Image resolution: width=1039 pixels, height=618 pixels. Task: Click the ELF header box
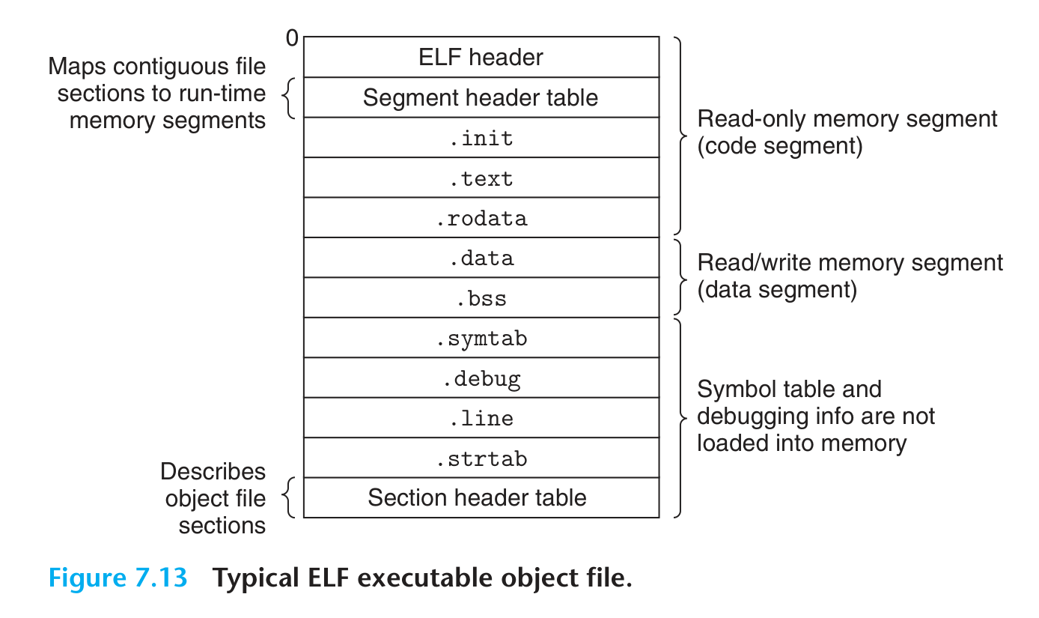[x=481, y=57]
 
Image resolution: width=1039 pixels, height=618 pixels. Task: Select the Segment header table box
[x=481, y=97]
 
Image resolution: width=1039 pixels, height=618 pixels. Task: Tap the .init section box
[x=481, y=138]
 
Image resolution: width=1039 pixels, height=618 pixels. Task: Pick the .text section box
[x=481, y=178]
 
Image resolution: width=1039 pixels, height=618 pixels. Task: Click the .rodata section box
[x=481, y=218]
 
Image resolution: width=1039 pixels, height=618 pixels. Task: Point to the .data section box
[x=481, y=258]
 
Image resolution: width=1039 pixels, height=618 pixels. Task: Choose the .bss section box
[x=481, y=298]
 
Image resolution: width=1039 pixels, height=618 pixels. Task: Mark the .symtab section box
[x=481, y=339]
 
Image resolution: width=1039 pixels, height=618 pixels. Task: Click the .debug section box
[x=481, y=378]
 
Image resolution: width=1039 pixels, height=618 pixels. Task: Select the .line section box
[x=481, y=418]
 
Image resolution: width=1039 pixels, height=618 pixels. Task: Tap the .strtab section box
[x=481, y=458]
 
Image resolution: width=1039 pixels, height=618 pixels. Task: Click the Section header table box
[x=481, y=498]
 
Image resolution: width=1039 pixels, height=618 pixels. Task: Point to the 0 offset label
[x=291, y=38]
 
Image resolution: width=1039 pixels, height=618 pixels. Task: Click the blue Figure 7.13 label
[x=118, y=578]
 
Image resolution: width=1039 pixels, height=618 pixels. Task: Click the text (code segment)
[x=779, y=145]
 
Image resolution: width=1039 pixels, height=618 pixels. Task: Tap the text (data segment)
[x=777, y=289]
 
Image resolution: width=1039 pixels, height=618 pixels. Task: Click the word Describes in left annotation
[x=213, y=472]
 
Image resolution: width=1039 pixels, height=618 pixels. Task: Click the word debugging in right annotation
[x=753, y=416]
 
